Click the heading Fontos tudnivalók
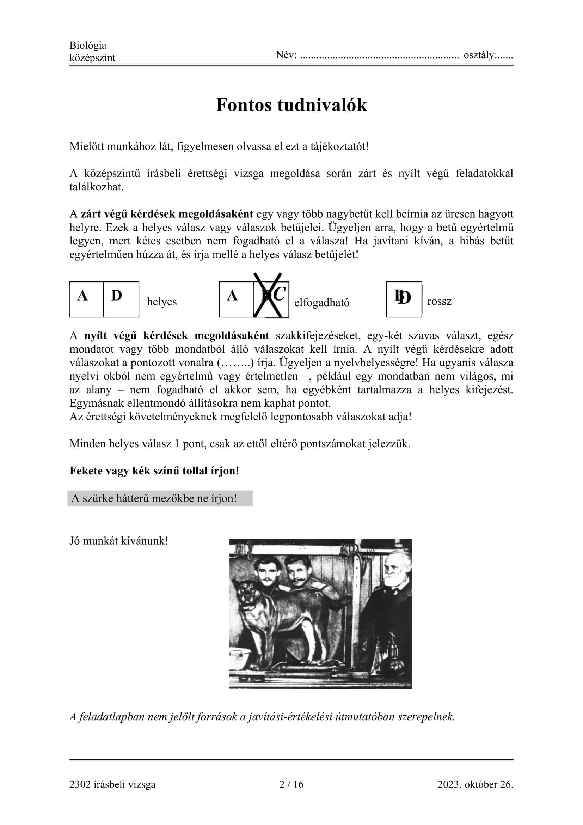(x=291, y=105)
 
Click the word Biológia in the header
(x=88, y=46)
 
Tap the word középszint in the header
(x=92, y=58)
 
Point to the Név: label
(x=286, y=55)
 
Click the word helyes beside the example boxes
(x=161, y=302)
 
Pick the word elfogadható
(x=322, y=303)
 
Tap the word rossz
(x=439, y=302)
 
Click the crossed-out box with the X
(x=271, y=299)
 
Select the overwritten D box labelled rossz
(x=404, y=299)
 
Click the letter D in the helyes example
(x=117, y=296)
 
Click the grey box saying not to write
(x=160, y=498)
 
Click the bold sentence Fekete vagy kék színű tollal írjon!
(x=154, y=471)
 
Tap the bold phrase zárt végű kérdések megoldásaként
(x=167, y=214)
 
